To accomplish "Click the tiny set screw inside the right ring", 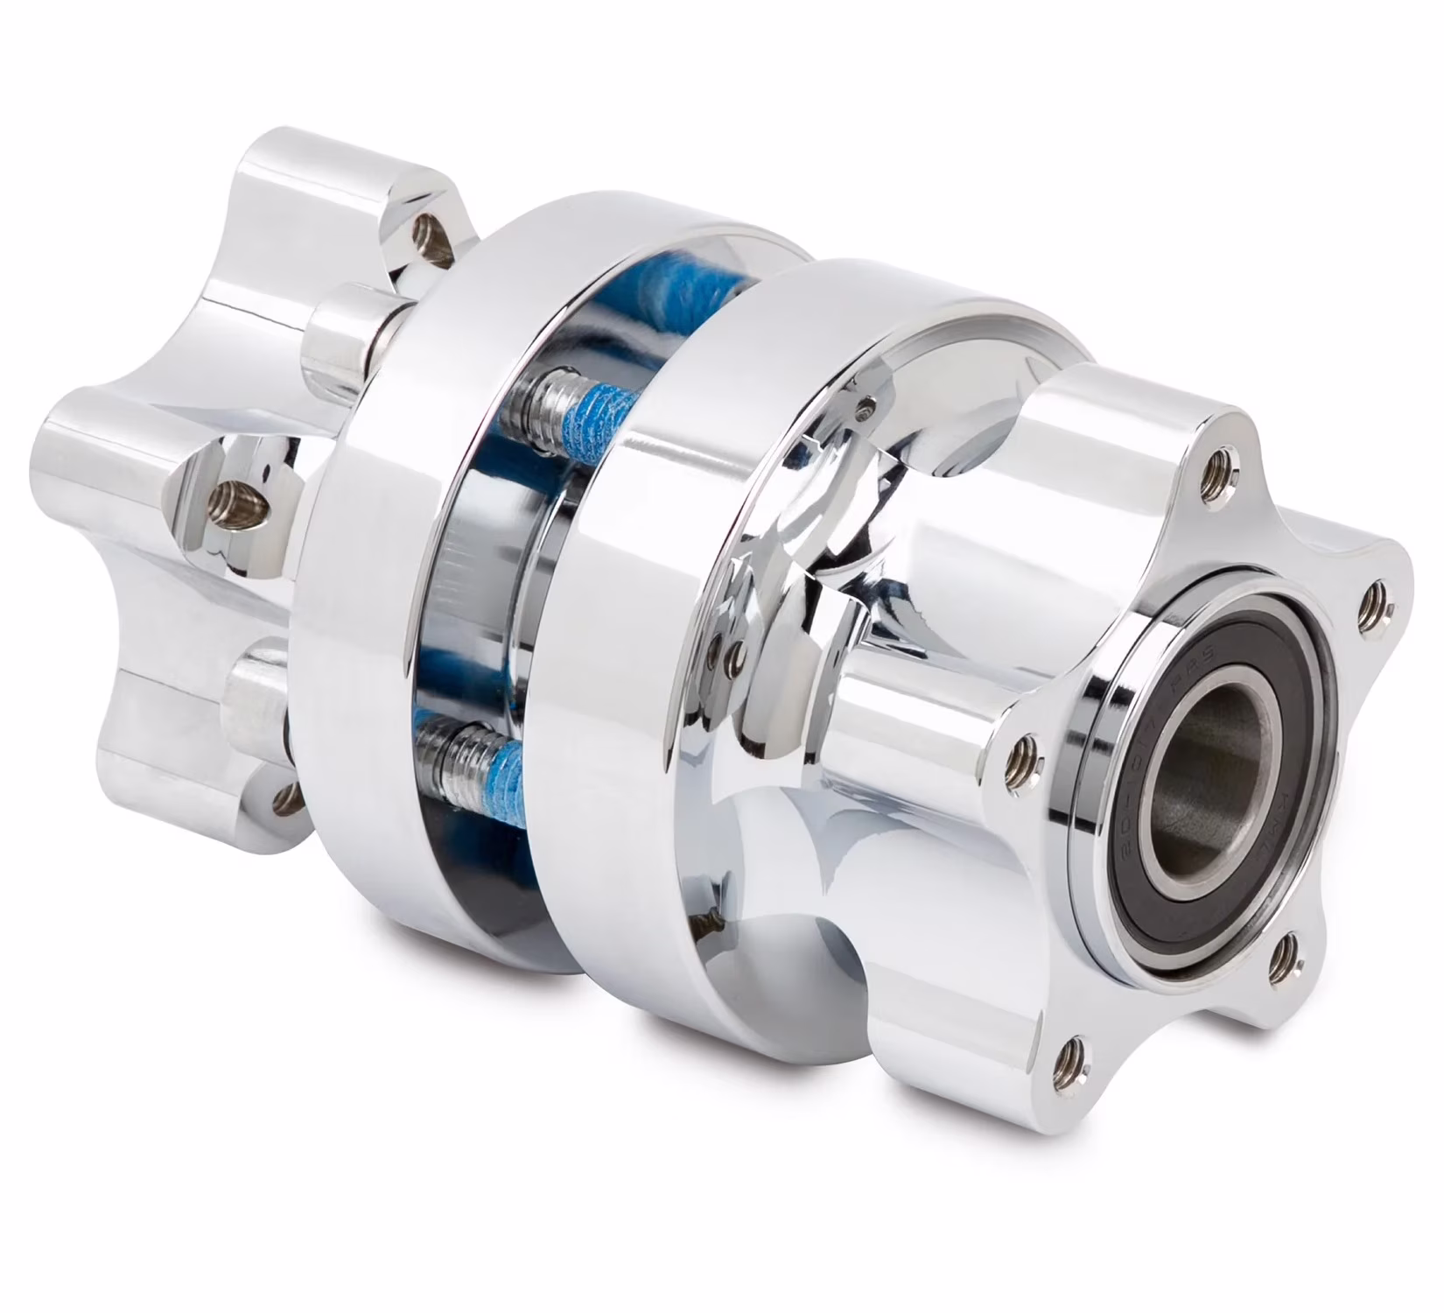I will coord(866,407).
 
